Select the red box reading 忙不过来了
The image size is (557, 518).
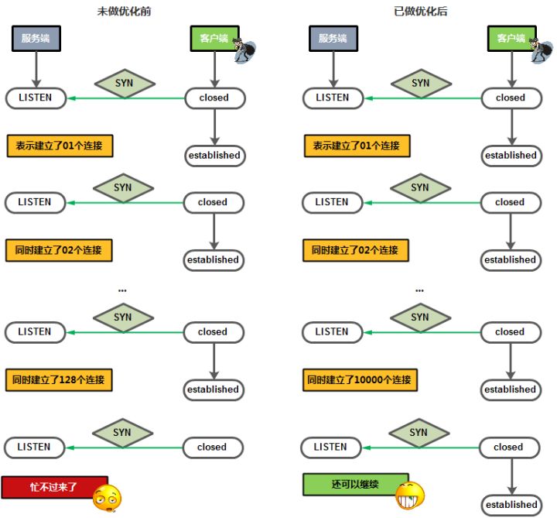pos(54,486)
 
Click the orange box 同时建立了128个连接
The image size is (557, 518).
pos(60,380)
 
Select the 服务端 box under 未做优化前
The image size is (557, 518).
pos(36,39)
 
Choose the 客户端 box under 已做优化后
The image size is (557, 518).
pos(511,39)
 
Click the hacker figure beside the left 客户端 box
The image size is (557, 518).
pos(245,50)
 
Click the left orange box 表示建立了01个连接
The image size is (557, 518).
pos(60,146)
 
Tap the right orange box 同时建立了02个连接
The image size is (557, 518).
pos(355,250)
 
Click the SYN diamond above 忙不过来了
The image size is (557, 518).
pos(122,433)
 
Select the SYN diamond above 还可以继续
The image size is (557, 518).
pos(419,433)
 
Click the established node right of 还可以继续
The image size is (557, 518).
pos(511,505)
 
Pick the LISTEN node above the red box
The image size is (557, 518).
pos(34,448)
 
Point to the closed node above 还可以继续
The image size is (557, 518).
pos(508,448)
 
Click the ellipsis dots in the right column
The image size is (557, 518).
pos(419,291)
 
